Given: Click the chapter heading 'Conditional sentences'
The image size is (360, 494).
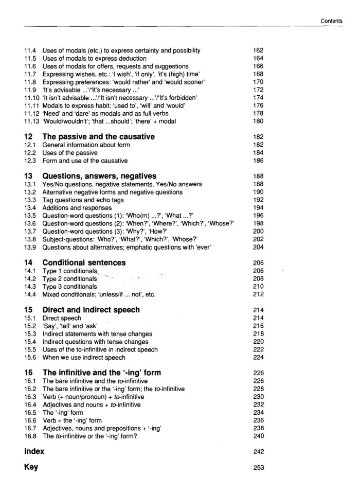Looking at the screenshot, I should tap(84, 262).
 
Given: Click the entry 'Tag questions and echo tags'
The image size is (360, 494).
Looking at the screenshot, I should tap(79, 200).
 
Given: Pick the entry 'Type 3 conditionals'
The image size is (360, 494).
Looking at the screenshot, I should tap(69, 287).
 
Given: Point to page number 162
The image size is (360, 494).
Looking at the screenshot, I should tap(258, 50).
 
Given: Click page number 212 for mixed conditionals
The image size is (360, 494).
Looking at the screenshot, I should tap(258, 294).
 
